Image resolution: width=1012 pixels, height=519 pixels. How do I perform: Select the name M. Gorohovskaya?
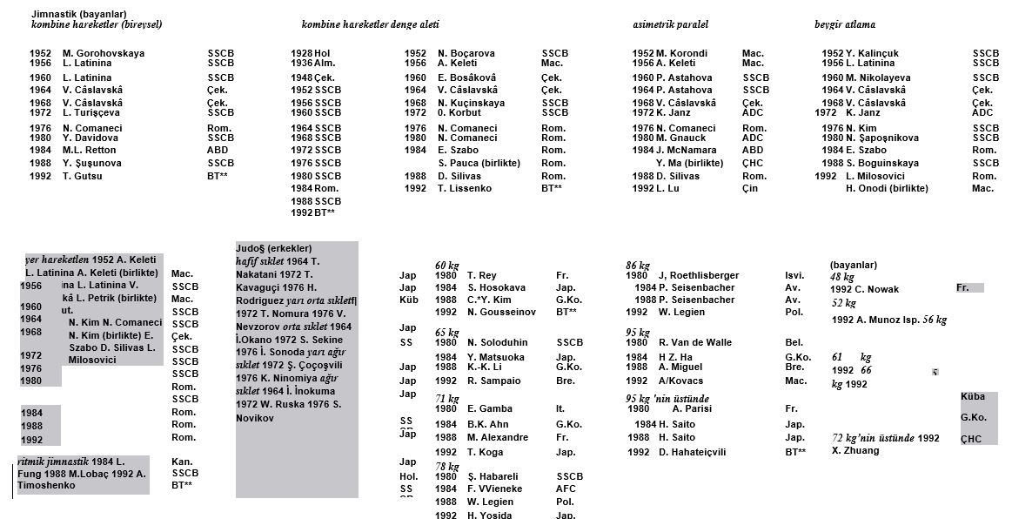[x=104, y=53]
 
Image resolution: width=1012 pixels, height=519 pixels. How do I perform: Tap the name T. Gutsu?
[x=82, y=176]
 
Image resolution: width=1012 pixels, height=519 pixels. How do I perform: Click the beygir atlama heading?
[x=844, y=24]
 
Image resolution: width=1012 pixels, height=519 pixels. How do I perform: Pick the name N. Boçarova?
[x=466, y=53]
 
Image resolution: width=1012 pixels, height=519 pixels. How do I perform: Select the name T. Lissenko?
[x=465, y=188]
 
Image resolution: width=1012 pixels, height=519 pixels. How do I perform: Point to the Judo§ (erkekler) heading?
[x=273, y=247]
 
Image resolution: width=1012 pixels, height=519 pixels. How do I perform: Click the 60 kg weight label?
[x=446, y=265]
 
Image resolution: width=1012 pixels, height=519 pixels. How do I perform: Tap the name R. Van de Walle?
[x=694, y=342]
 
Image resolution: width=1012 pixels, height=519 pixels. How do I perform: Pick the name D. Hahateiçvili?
[x=692, y=452]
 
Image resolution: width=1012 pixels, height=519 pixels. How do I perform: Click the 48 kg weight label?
[x=841, y=277]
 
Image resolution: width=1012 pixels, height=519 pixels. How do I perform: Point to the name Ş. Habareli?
[x=493, y=476]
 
